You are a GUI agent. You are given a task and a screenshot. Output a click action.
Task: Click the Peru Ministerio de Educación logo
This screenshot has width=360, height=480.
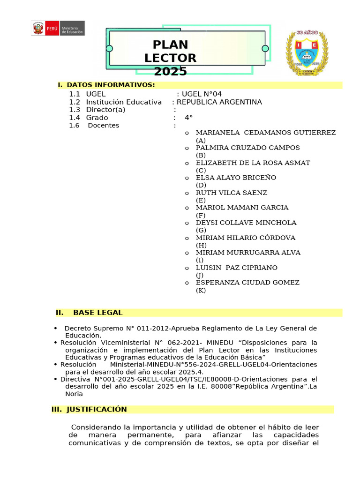(x=58, y=28)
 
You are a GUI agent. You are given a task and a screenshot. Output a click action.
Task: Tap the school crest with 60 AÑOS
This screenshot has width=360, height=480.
(x=307, y=53)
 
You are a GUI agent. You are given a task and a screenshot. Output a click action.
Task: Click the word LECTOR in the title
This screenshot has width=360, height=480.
(x=170, y=58)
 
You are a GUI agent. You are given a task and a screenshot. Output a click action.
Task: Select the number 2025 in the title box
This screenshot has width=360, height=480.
(x=170, y=71)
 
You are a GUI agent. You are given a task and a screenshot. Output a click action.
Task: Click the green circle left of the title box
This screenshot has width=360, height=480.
(x=109, y=48)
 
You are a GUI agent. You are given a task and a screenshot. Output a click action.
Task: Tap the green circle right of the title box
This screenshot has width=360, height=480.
(x=265, y=48)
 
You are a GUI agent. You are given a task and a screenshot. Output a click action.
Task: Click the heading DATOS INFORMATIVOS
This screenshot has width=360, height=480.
(x=111, y=85)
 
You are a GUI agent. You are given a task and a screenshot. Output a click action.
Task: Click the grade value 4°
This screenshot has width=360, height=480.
(x=188, y=118)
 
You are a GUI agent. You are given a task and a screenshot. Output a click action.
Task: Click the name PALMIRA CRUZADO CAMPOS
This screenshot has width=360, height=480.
(x=247, y=148)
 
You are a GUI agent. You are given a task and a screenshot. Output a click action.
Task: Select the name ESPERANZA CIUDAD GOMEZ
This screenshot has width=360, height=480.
(x=247, y=283)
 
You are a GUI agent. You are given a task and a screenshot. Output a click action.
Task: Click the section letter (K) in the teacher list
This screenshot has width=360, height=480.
(x=201, y=291)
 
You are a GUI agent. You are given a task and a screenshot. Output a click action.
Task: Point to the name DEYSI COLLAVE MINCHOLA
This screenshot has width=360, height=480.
(x=246, y=223)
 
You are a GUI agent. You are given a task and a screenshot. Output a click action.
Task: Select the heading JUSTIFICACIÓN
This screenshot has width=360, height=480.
(x=97, y=409)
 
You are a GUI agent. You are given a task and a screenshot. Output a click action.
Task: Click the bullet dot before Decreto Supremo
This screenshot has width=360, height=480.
(x=56, y=328)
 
